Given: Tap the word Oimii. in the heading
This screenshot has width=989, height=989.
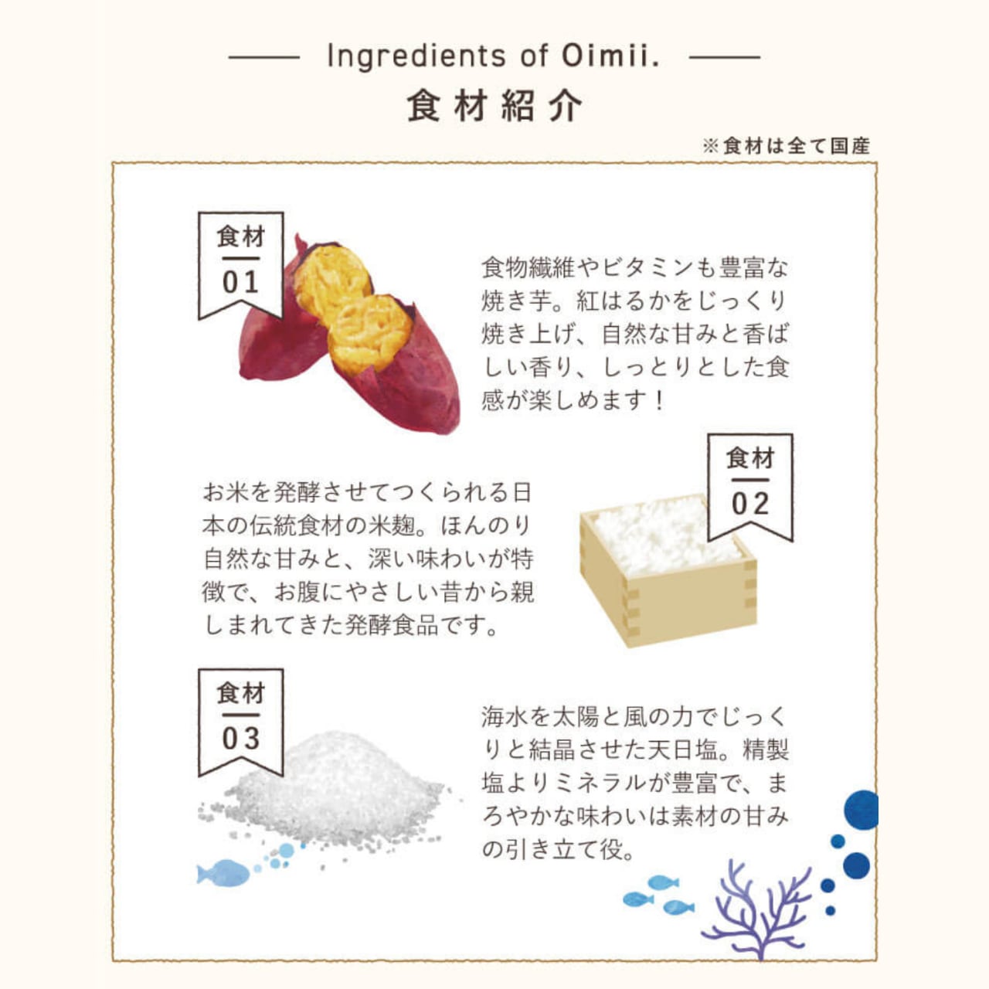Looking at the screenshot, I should pos(610,56).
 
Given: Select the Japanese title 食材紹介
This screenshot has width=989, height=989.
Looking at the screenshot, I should pos(494,106).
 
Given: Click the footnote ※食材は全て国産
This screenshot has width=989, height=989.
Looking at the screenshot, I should pos(786,145).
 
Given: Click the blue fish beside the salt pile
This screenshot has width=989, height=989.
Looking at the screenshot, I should pos(224,873).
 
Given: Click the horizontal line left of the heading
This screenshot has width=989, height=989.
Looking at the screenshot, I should pos(264,57).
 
